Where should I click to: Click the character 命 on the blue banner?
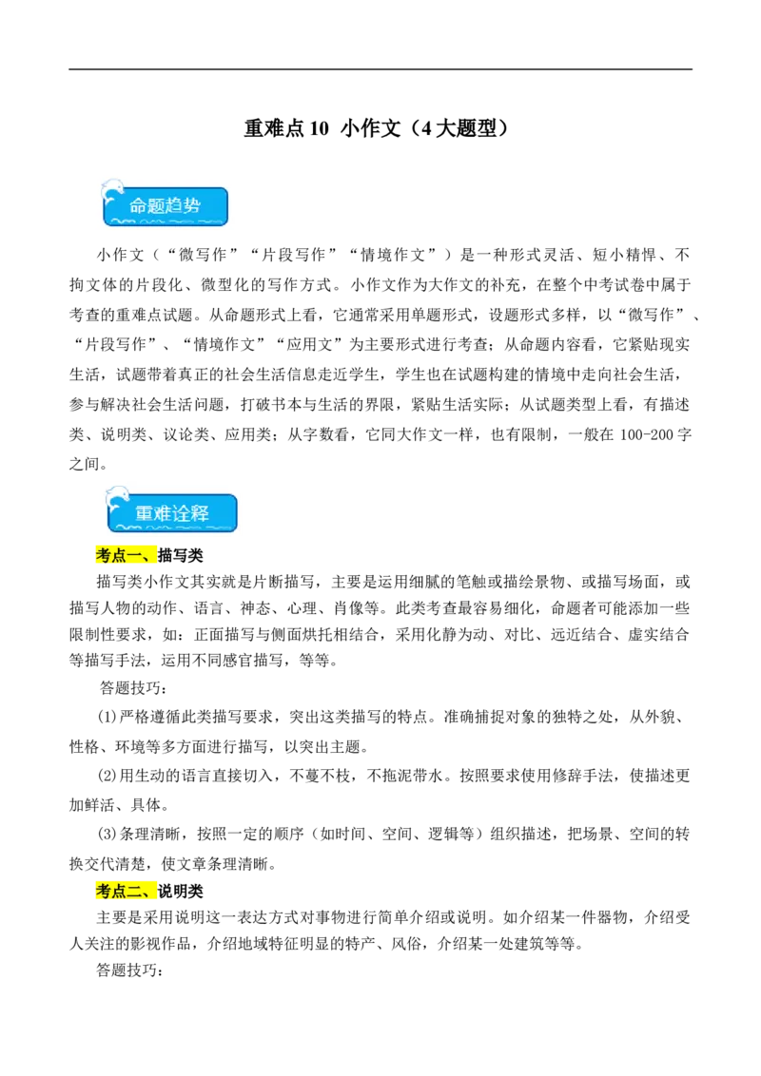139,205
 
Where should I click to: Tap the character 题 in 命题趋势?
157,205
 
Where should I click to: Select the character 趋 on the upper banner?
175,205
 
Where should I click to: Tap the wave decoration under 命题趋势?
166,222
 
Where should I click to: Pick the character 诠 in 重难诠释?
182,513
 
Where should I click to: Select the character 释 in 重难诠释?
200,513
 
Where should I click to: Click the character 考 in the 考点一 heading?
104,556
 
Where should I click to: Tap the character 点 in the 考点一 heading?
119,556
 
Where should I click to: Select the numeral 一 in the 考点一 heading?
134,556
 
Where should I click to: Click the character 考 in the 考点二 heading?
104,891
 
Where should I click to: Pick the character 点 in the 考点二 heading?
119,891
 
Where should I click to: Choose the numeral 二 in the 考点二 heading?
134,891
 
